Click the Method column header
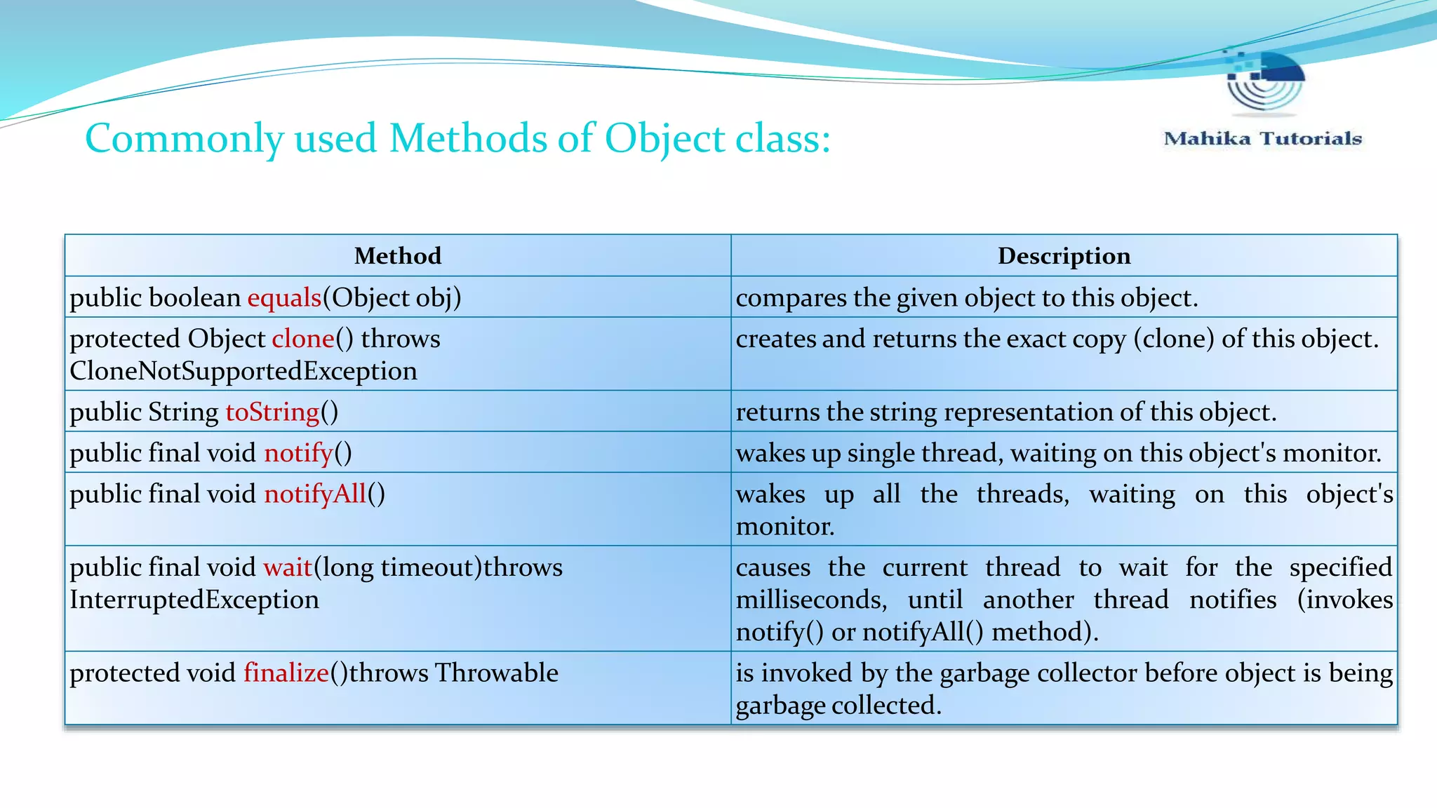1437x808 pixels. (x=398, y=256)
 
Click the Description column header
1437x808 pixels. (x=1064, y=256)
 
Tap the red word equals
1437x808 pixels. (x=284, y=298)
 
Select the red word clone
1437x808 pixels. (x=303, y=339)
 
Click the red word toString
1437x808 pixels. (x=272, y=412)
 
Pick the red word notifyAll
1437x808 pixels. (x=315, y=494)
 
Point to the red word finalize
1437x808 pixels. (x=286, y=673)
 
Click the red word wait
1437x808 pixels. (x=288, y=567)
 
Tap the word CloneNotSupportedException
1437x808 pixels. (x=243, y=371)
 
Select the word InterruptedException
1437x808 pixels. (x=194, y=600)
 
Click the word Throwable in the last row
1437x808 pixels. (x=496, y=673)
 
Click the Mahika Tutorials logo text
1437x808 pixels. (x=1262, y=138)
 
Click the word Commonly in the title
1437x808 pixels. (x=184, y=138)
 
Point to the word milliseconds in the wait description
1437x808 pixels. (x=811, y=600)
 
